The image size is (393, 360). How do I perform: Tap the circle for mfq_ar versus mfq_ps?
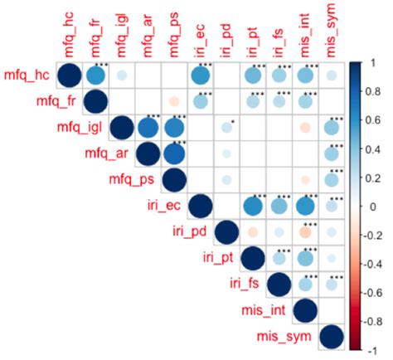pyautogui.click(x=174, y=154)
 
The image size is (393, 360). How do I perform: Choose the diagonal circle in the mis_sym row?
pyautogui.click(x=331, y=337)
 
